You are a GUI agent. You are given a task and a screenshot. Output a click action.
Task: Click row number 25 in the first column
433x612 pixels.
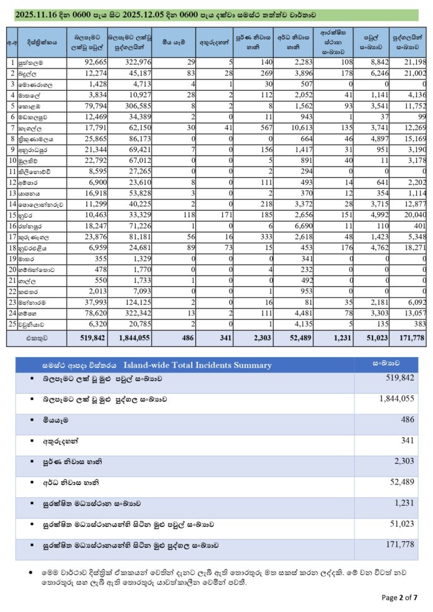[x=11, y=324]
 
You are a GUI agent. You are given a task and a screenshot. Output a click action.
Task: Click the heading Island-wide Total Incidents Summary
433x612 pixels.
[x=197, y=365]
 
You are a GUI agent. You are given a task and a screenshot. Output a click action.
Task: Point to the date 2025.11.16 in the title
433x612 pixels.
[x=39, y=14]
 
